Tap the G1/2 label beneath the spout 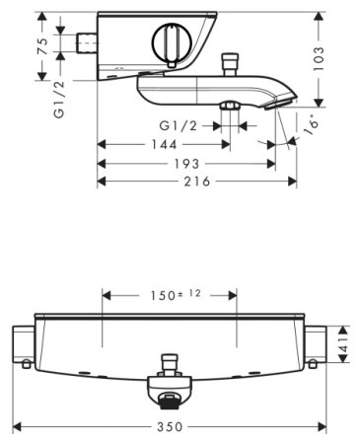pyautogui.click(x=178, y=125)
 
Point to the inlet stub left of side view pyautogui.click(x=86, y=45)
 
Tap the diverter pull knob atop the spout pyautogui.click(x=234, y=64)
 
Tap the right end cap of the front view pyautogui.click(x=315, y=345)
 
